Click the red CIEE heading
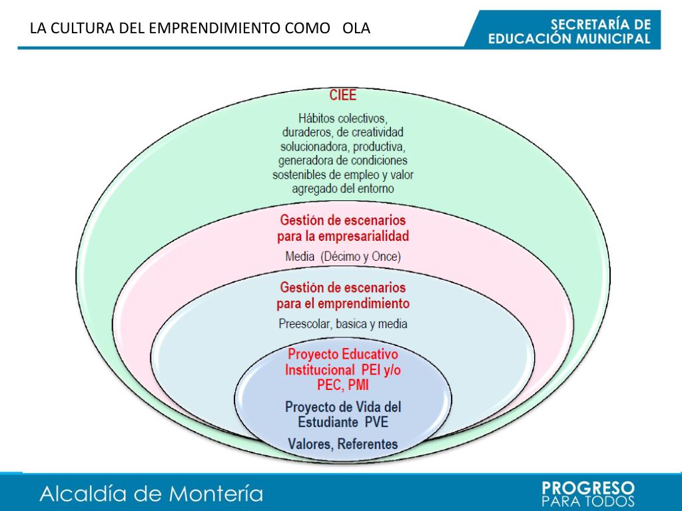(343, 94)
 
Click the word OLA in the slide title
(356, 29)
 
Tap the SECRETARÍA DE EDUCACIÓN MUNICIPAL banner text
(569, 31)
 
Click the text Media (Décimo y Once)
(343, 256)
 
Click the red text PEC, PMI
(343, 385)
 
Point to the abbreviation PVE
(376, 422)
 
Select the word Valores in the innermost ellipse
(310, 443)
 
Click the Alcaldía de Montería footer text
(151, 494)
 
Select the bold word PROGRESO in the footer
(589, 488)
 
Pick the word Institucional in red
(320, 369)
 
